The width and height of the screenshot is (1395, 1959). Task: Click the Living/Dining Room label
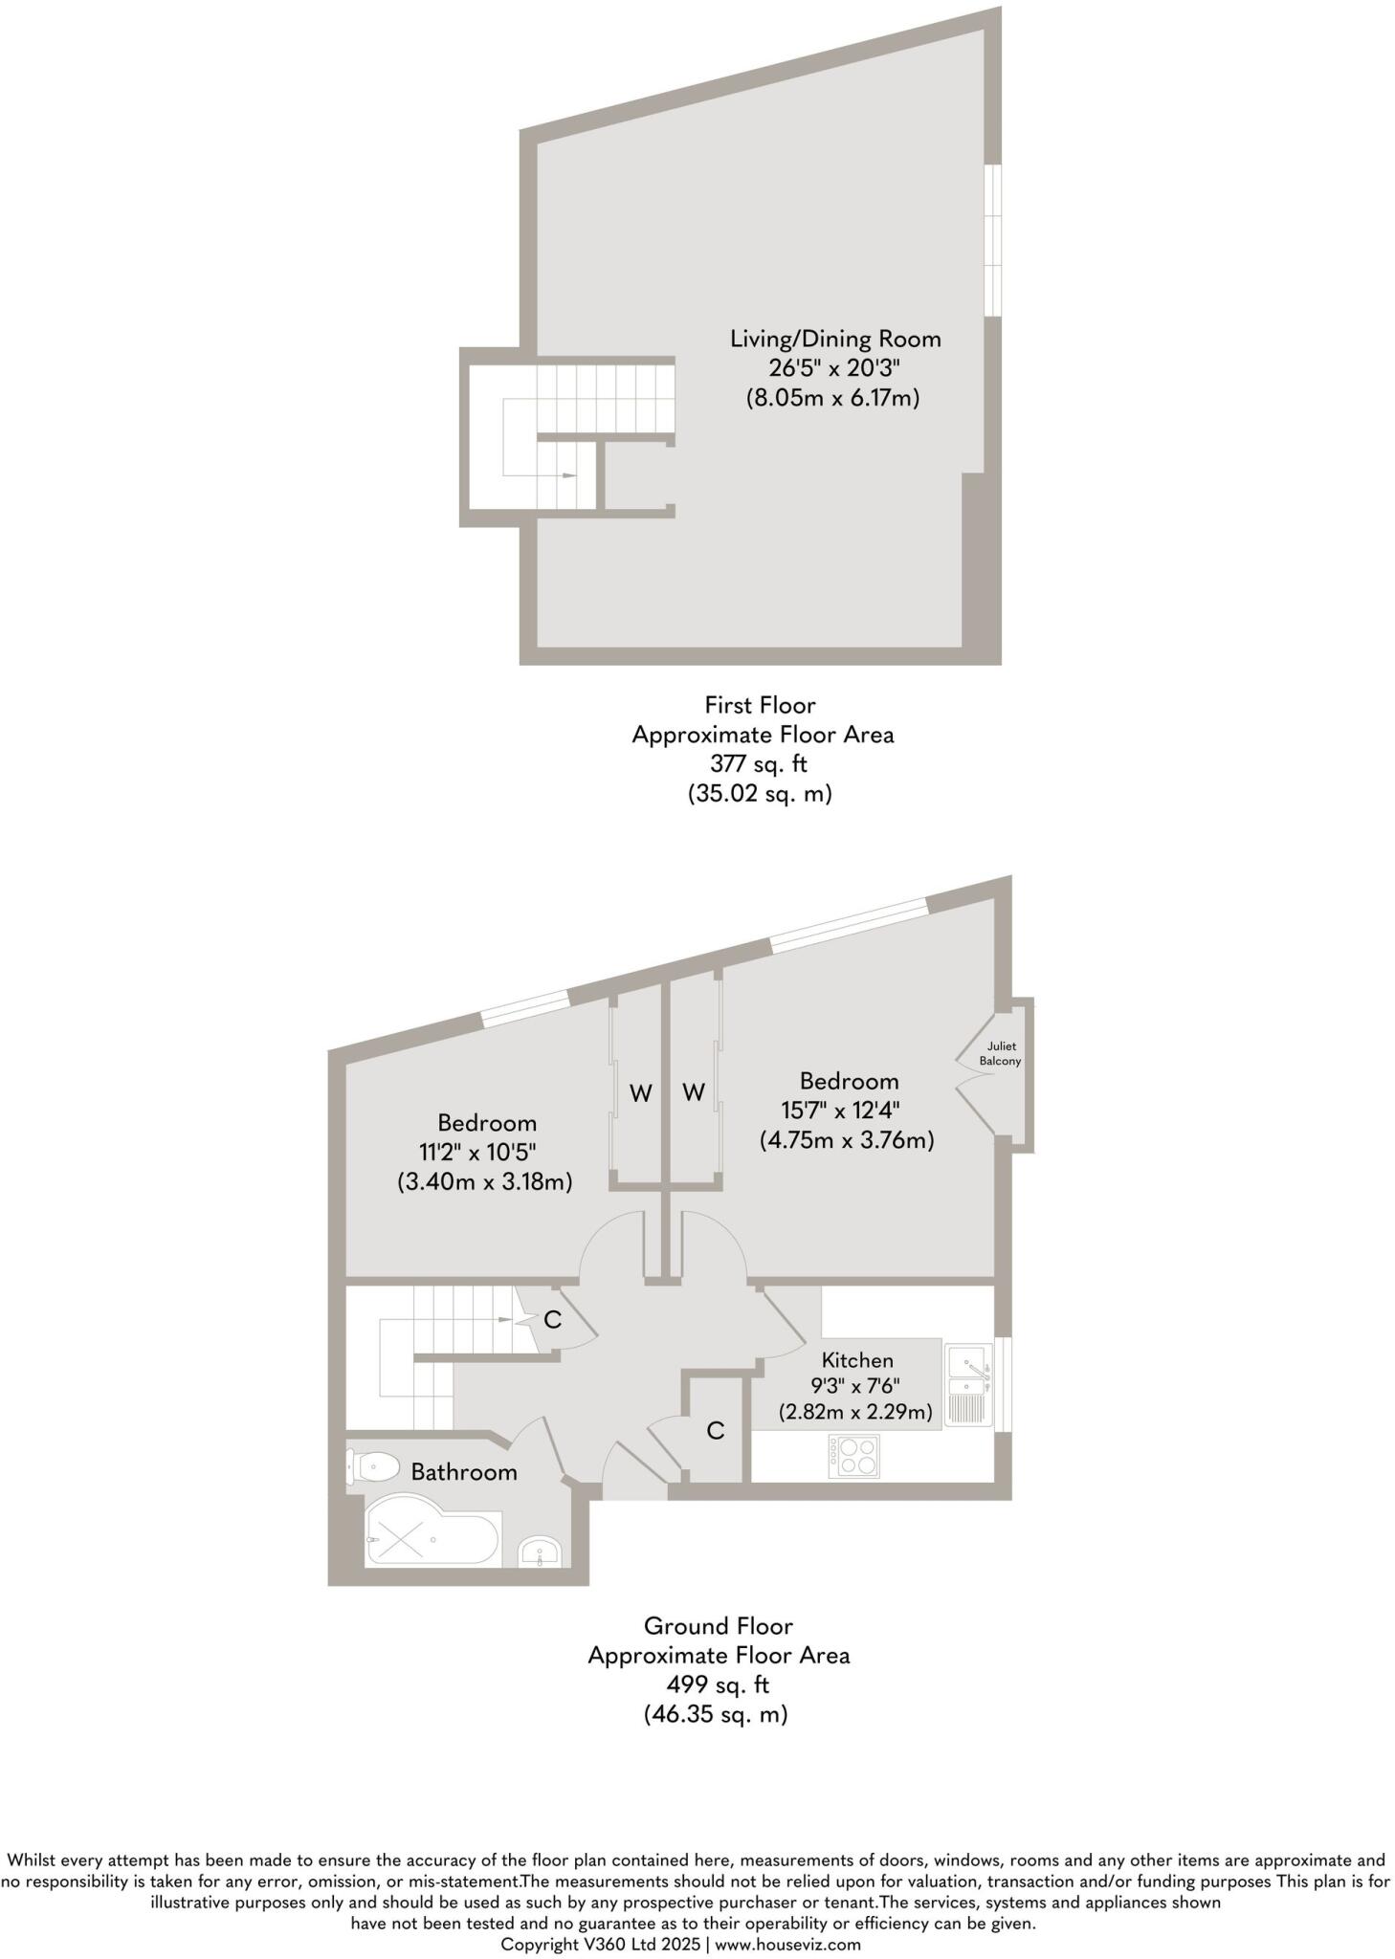[835, 339]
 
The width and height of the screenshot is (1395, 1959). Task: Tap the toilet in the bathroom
[374, 1466]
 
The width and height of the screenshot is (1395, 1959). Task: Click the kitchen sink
[969, 1384]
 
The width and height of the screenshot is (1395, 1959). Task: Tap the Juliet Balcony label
[1001, 1053]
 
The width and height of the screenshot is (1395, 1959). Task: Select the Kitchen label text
[857, 1359]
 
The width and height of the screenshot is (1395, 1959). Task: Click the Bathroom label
[464, 1471]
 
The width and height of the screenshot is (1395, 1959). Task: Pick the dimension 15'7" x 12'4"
[841, 1111]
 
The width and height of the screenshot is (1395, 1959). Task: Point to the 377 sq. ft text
[759, 763]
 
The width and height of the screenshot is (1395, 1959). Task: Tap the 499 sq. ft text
[718, 1684]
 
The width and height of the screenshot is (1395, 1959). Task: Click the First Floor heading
[760, 705]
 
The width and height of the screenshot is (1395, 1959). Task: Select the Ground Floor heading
[718, 1625]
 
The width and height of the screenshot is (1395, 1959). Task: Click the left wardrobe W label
[641, 1092]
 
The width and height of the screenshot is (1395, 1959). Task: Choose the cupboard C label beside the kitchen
[716, 1430]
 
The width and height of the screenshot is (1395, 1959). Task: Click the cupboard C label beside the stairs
[552, 1319]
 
